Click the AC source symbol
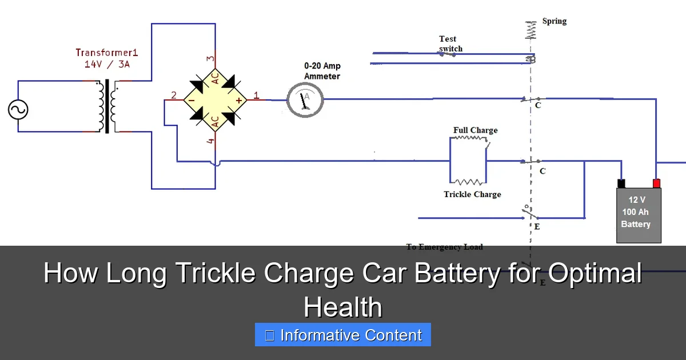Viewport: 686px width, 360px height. (x=18, y=109)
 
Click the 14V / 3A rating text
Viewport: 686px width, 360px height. (x=107, y=64)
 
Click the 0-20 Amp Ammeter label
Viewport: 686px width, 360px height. (x=322, y=71)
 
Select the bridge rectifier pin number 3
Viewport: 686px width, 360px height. (x=210, y=58)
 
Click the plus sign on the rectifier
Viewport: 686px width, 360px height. (x=238, y=101)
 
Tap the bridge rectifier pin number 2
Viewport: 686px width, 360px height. (x=174, y=95)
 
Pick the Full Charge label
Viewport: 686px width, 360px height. (x=475, y=130)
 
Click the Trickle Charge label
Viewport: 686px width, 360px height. (x=472, y=194)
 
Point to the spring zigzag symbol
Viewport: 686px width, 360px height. (x=531, y=30)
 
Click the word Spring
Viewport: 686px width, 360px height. (x=554, y=21)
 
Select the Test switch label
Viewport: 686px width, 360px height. (x=450, y=43)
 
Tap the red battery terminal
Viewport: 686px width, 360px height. (x=656, y=183)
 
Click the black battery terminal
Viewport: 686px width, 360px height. (x=621, y=183)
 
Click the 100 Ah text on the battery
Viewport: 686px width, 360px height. (x=635, y=212)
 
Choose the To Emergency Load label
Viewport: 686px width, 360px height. (x=444, y=247)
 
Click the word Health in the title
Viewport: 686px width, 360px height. (x=342, y=307)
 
